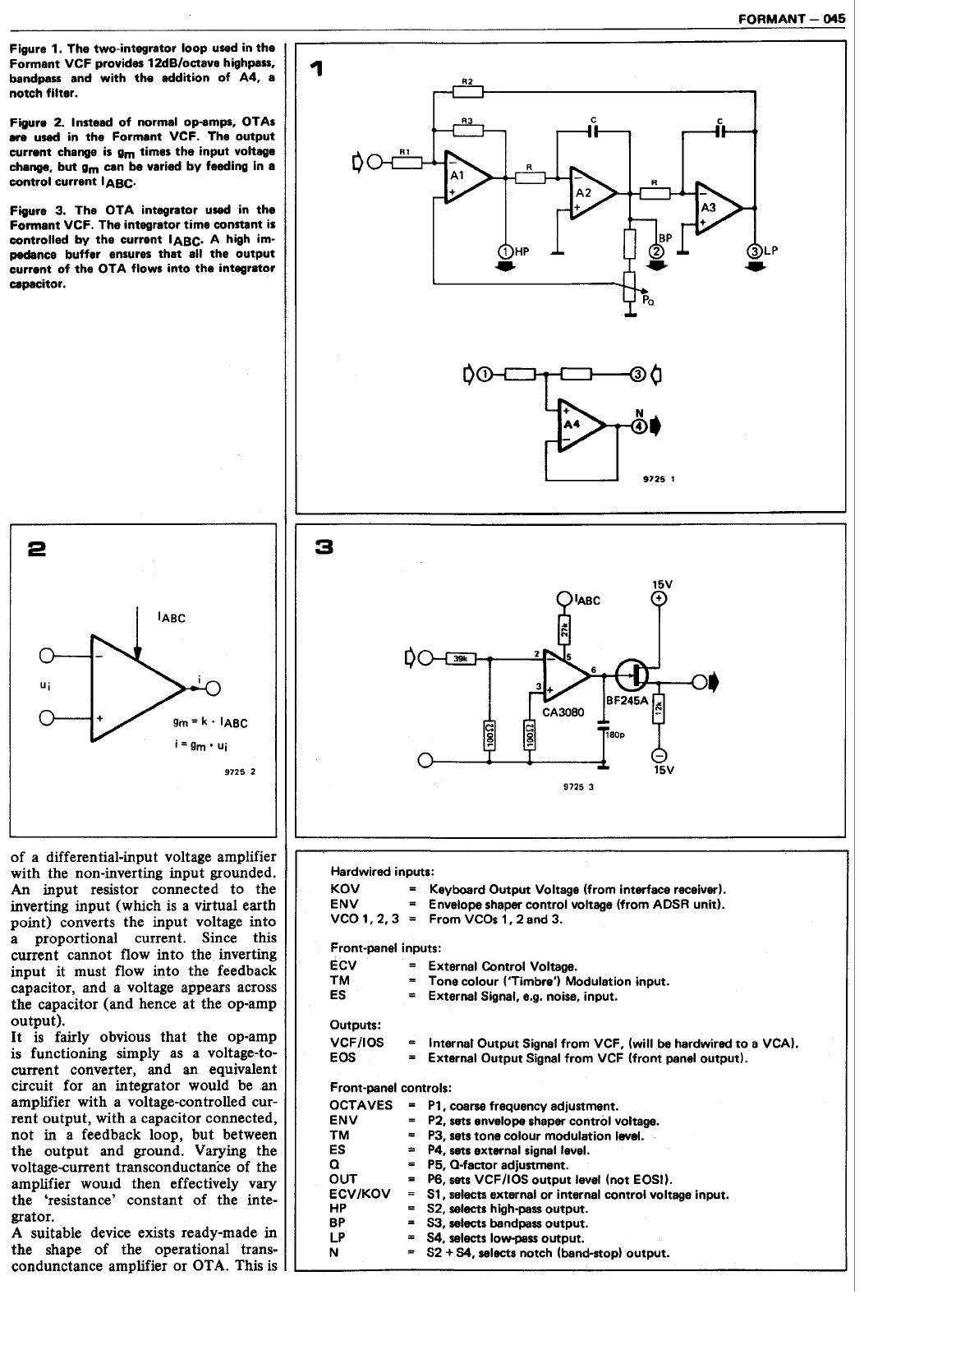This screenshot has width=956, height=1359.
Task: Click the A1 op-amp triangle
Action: click(x=464, y=176)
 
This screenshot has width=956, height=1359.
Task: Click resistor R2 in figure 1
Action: click(x=468, y=90)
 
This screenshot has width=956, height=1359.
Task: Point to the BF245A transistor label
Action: click(x=627, y=700)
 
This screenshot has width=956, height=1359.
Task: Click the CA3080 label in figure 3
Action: click(x=563, y=712)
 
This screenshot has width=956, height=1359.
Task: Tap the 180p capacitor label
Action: click(x=615, y=736)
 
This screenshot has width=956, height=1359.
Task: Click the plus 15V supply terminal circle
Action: click(x=659, y=599)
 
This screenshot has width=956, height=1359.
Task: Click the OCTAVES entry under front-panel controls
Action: click(x=360, y=1105)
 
